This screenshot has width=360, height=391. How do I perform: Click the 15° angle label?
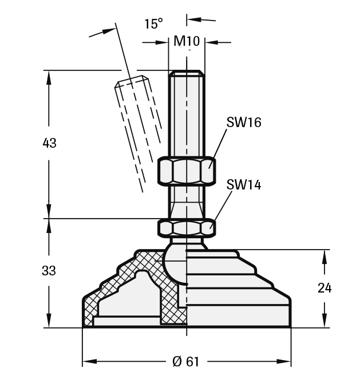point(153,23)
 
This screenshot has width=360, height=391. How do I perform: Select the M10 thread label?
point(186,41)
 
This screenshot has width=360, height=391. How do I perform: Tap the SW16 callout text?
point(243,122)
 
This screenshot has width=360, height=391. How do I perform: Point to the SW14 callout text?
point(243,185)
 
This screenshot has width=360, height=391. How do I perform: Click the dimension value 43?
point(49,143)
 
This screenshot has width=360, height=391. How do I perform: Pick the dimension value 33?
point(49,271)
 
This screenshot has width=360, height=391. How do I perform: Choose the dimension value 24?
point(325,288)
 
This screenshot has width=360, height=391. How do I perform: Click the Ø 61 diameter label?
point(186,362)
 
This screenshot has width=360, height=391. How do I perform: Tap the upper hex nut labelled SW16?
point(186,171)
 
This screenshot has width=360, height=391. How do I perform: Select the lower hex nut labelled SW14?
point(186,228)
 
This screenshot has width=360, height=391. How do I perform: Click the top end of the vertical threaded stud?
point(186,73)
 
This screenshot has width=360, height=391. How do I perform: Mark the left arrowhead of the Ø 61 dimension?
point(89,362)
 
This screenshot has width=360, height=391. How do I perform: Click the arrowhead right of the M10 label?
point(211,42)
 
